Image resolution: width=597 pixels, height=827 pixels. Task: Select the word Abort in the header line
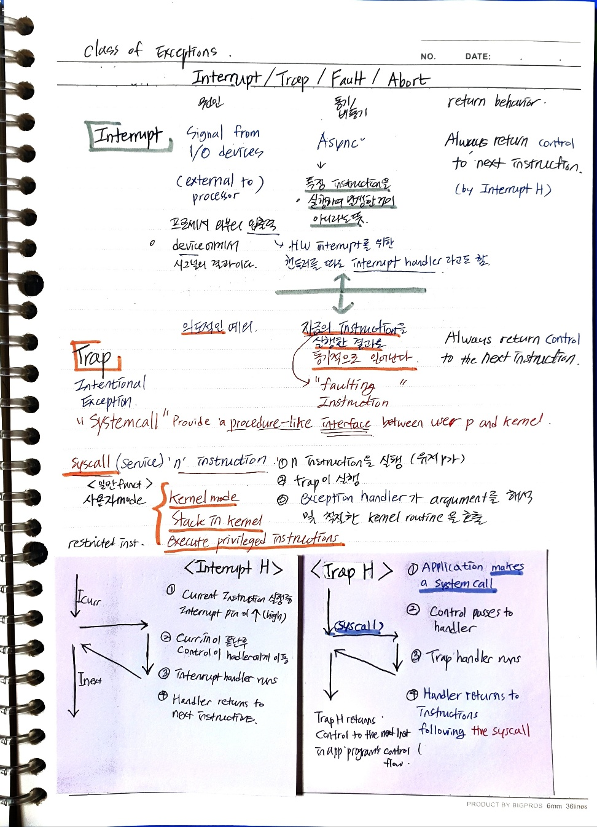click(408, 79)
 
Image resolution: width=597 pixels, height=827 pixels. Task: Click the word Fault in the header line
click(348, 79)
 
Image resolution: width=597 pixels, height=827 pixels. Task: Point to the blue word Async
click(340, 141)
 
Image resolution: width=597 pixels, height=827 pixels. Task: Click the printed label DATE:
click(477, 57)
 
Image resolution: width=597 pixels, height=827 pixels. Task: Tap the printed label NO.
click(428, 57)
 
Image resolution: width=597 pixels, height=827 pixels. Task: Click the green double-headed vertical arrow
click(343, 293)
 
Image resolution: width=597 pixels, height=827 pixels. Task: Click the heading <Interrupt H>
click(233, 568)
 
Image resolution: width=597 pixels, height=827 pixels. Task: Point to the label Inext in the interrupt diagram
click(90, 679)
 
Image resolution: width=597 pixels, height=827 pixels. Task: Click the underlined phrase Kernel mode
click(203, 497)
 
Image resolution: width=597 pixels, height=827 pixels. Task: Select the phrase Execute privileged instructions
click(253, 540)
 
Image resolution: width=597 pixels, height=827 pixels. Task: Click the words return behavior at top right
click(496, 101)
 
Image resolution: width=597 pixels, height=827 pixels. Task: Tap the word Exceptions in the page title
click(186, 53)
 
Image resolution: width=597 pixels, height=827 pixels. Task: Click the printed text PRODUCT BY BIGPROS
click(504, 805)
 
